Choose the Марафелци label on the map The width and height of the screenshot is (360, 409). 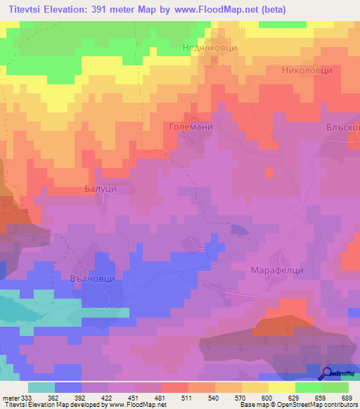[x=276, y=269]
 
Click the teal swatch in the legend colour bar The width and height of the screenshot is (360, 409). [x=41, y=387]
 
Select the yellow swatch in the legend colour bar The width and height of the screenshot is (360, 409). [x=281, y=387]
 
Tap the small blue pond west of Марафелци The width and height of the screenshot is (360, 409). [x=240, y=229]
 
